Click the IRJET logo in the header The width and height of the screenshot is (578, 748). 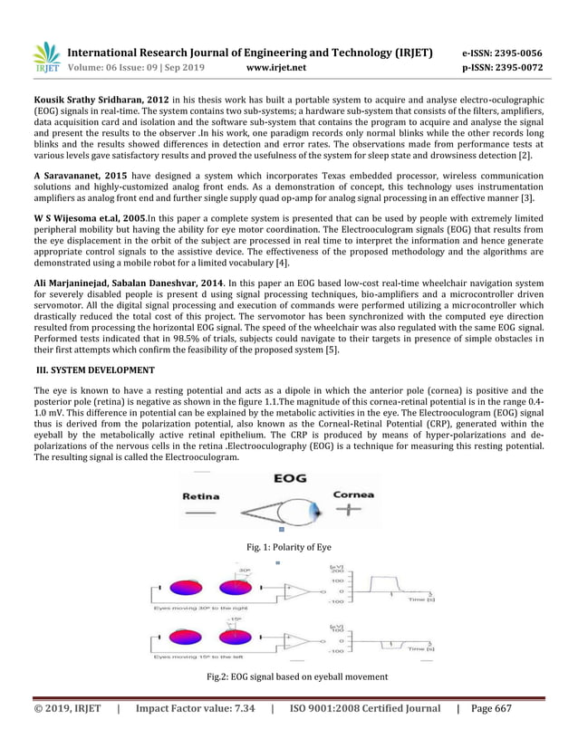point(46,57)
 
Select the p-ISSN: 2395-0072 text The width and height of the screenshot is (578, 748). point(503,67)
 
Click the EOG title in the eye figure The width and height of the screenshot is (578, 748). point(281,480)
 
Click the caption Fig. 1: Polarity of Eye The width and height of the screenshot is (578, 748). point(288,546)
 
